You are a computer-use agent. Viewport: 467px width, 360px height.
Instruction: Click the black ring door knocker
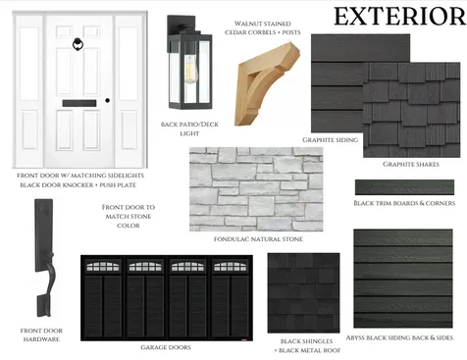pos(78,44)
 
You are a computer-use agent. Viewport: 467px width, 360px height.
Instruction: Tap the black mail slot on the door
pos(79,103)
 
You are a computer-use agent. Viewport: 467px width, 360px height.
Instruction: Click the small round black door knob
pos(108,100)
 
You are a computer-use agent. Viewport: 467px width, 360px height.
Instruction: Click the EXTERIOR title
pos(399,17)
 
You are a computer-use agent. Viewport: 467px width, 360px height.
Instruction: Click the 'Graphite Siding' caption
pos(330,140)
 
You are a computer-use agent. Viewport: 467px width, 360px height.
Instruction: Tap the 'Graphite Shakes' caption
pos(411,164)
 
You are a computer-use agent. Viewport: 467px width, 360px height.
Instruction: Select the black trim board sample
pos(404,187)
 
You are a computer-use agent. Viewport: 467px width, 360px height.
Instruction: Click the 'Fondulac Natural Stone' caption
pos(258,239)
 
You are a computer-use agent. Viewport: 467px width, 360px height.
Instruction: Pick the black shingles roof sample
pos(303,293)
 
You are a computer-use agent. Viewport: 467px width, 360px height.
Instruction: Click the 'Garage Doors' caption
pos(166,347)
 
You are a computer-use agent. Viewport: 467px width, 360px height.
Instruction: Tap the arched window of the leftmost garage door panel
pos(103,266)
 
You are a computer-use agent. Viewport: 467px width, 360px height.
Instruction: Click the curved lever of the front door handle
pos(49,277)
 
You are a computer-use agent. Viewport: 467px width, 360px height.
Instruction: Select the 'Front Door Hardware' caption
pos(41,335)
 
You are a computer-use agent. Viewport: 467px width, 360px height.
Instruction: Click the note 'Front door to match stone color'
pos(129,216)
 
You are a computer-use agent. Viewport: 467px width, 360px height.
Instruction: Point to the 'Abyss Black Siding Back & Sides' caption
pos(399,337)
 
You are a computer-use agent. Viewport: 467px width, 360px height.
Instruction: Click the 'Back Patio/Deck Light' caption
pos(189,129)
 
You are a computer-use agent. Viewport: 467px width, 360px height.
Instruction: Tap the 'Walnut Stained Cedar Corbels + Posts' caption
pos(263,28)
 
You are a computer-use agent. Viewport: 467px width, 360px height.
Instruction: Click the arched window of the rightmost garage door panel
pos(231,266)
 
